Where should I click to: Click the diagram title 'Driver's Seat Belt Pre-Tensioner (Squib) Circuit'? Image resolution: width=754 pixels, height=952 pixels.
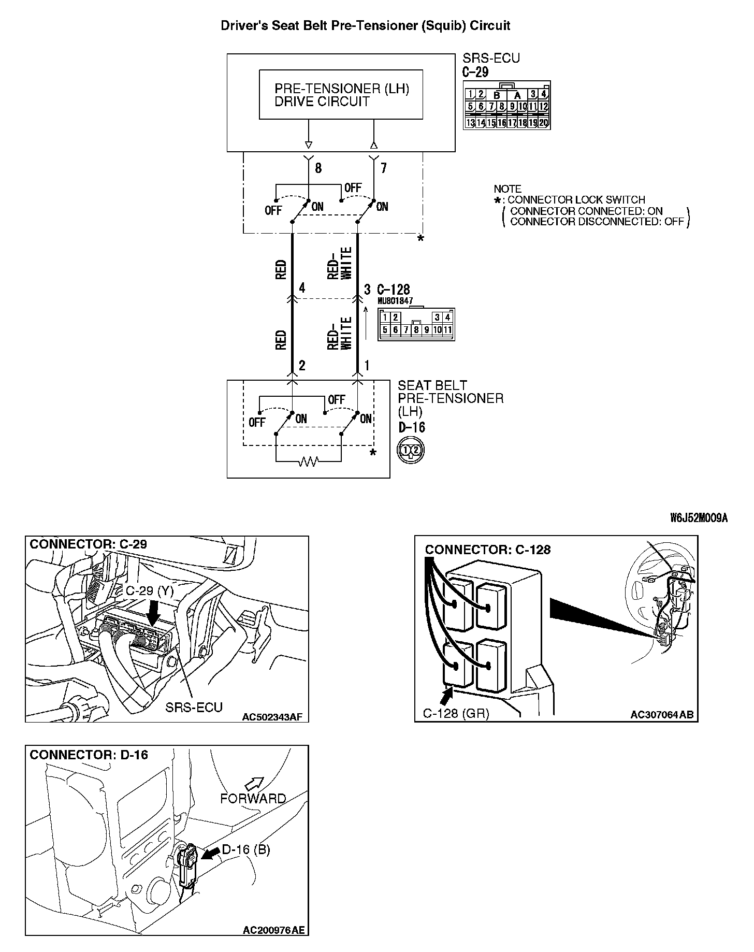pyautogui.click(x=366, y=26)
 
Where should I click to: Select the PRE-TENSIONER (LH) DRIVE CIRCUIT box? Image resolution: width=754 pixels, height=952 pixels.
pyautogui.click(x=341, y=95)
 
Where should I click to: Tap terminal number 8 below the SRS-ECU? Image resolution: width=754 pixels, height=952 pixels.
pyautogui.click(x=318, y=168)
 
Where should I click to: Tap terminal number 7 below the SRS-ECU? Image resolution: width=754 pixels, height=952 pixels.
pyautogui.click(x=383, y=168)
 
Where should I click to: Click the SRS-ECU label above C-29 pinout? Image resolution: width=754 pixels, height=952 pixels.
pyautogui.click(x=491, y=59)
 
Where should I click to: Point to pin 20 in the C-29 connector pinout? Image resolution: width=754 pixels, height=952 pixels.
pyautogui.click(x=543, y=123)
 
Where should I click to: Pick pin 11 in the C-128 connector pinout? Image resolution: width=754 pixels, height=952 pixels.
pyautogui.click(x=447, y=330)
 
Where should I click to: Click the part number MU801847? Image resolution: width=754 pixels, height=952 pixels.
pyautogui.click(x=395, y=301)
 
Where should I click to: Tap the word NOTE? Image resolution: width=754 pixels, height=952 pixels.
pyautogui.click(x=508, y=189)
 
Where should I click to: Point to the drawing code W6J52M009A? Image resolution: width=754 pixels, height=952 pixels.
pyautogui.click(x=699, y=518)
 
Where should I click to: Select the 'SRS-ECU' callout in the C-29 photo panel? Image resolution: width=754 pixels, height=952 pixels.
pyautogui.click(x=194, y=707)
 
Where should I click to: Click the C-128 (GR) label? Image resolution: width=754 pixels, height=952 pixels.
pyautogui.click(x=456, y=713)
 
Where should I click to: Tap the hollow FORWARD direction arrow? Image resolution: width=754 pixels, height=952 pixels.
pyautogui.click(x=254, y=784)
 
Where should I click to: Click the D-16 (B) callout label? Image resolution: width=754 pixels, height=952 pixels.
pyautogui.click(x=245, y=849)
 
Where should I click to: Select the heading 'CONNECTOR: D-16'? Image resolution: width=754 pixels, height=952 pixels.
pyautogui.click(x=89, y=755)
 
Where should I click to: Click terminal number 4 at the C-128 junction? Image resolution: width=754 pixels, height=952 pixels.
pyautogui.click(x=302, y=289)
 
